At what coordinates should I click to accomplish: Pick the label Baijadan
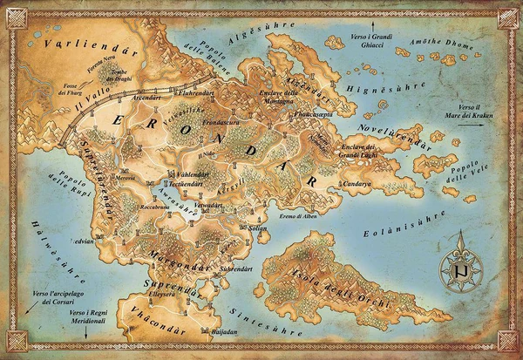click(225, 332)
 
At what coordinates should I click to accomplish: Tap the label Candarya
click(358, 184)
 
